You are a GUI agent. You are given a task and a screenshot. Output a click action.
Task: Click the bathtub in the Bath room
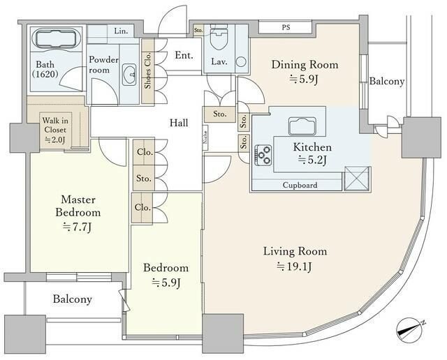click(57, 40)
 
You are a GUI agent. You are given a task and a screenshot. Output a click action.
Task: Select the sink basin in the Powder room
click(129, 75)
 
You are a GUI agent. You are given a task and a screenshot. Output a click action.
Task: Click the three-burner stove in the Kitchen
click(263, 155)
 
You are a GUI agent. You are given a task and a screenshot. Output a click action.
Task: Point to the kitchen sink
click(302, 126)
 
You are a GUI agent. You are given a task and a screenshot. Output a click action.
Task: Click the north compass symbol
click(410, 330)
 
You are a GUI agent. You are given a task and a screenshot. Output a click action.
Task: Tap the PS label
click(286, 28)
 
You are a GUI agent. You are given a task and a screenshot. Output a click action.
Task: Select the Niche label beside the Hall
click(205, 137)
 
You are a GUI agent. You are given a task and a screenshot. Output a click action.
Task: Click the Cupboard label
click(300, 185)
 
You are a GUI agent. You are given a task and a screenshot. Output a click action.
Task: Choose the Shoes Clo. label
click(147, 70)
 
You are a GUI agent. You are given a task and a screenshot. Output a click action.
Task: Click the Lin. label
click(121, 31)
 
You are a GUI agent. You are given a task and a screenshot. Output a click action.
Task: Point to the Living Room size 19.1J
click(294, 267)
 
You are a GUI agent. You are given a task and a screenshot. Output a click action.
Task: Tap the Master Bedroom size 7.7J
click(78, 227)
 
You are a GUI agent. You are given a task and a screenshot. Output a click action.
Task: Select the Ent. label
click(184, 55)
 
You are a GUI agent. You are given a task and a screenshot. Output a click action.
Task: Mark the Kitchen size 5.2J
click(312, 160)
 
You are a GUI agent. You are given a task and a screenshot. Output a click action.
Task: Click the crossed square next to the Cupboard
click(357, 179)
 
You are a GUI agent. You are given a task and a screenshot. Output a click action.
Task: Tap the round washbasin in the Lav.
click(241, 62)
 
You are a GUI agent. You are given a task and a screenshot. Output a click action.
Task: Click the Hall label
click(179, 123)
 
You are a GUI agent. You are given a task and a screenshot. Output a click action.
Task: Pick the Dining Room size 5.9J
click(304, 79)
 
